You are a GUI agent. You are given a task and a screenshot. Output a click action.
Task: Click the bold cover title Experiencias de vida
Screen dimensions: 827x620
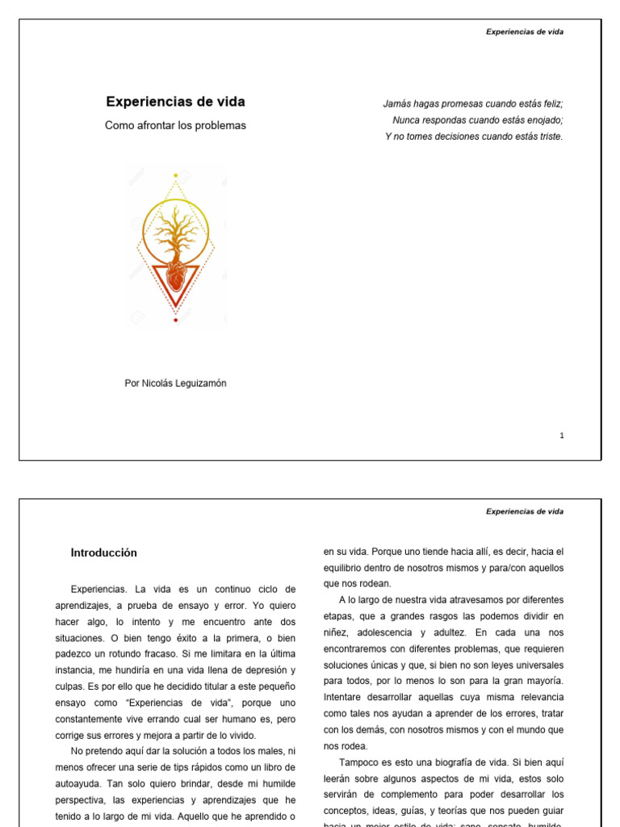tap(175, 102)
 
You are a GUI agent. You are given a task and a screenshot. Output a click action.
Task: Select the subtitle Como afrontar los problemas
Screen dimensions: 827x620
tap(175, 126)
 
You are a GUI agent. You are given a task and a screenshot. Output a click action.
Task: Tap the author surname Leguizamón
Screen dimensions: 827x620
tap(196, 384)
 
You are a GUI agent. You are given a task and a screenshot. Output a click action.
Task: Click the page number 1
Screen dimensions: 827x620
tap(562, 435)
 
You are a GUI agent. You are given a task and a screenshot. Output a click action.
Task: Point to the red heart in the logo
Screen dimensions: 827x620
tap(175, 279)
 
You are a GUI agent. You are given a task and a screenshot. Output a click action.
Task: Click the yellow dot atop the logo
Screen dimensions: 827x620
tap(175, 174)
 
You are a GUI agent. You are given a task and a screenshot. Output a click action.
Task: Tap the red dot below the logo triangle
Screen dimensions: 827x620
tap(175, 321)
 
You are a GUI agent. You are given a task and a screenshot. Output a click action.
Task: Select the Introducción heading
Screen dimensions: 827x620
tap(103, 553)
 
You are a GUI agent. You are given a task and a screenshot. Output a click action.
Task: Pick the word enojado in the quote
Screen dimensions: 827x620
tap(543, 120)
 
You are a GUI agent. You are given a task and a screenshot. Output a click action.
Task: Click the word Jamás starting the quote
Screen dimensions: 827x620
tap(396, 103)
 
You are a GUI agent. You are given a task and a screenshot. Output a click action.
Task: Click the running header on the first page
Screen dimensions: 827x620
tap(525, 32)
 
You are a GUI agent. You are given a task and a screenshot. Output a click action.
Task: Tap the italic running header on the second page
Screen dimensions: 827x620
tap(525, 511)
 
